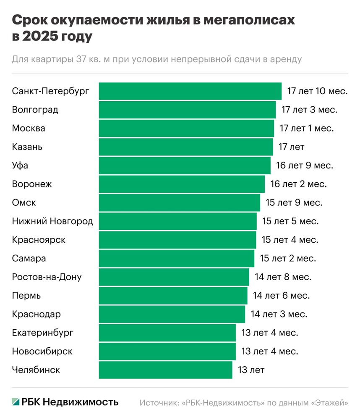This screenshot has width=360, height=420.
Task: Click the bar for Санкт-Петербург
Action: pos(190,91)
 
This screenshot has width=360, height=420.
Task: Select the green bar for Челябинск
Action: pos(165,370)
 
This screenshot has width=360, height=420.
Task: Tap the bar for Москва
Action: pos(186,129)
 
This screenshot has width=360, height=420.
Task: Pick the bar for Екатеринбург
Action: pos(167,333)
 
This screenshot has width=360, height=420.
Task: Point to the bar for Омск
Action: pos(179,203)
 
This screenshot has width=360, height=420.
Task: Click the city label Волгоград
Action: pos(35,110)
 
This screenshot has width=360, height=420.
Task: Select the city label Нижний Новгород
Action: pos(52,221)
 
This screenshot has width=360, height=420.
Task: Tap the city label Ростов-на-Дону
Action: pos(47,277)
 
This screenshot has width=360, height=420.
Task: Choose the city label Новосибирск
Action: pos(42,351)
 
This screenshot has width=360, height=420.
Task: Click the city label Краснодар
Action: pos(37,314)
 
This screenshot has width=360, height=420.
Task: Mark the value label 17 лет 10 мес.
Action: pos(317,91)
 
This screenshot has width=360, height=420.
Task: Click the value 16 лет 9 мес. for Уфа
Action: pos(305,165)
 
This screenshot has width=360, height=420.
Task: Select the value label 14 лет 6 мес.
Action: pos(281,296)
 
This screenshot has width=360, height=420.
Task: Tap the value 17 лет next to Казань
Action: pos(291,147)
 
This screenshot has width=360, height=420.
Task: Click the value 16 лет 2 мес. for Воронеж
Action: pos(298,184)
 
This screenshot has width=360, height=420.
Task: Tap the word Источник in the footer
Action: pos(159,402)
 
